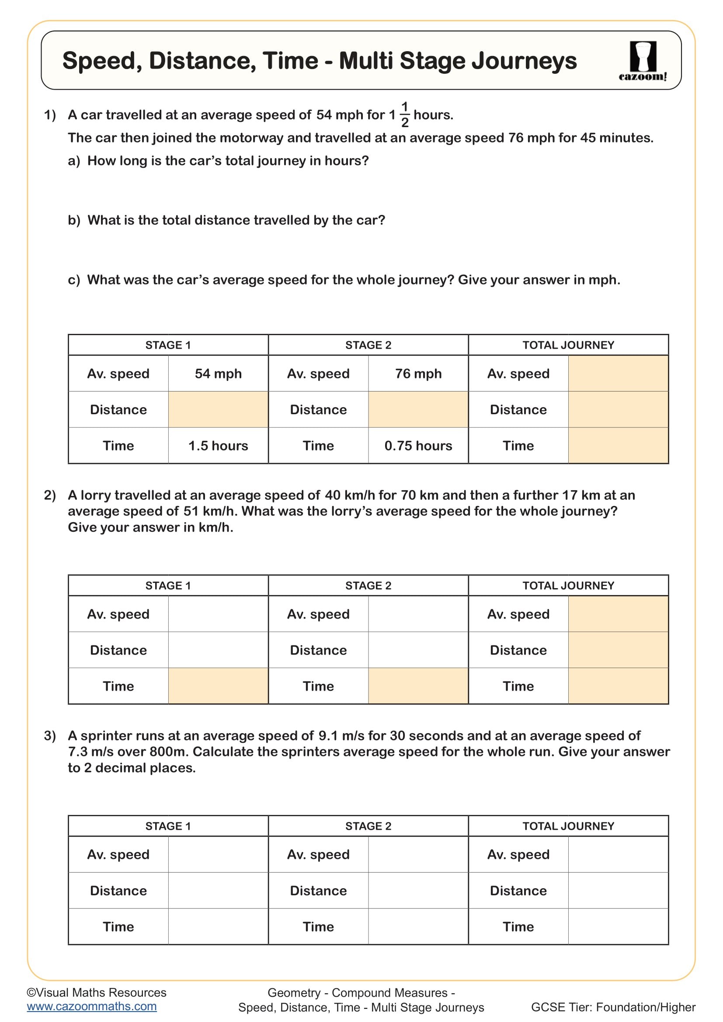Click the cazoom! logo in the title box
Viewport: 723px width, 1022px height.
pos(643,61)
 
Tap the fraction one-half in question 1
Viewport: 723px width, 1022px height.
pos(405,114)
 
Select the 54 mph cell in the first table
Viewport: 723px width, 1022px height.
pos(218,374)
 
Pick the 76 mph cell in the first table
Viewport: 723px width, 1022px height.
pos(418,374)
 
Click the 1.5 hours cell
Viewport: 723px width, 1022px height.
pos(218,446)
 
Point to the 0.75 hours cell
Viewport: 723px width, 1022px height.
pos(418,446)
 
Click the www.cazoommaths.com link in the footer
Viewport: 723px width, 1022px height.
pos(92,1006)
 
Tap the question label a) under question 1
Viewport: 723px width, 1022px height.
pos(74,161)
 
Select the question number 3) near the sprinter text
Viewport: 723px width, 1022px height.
pos(50,736)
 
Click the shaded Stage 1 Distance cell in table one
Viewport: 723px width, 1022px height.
pos(218,409)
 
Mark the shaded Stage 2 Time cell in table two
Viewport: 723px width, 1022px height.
pos(418,686)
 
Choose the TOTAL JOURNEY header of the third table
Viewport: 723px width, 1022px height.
pos(568,826)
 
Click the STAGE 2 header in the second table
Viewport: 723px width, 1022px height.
pos(368,586)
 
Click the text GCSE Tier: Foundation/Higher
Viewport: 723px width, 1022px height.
pos(613,1007)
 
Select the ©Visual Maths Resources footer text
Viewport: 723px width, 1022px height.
pos(97,993)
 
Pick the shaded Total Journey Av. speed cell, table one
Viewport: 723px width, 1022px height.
pos(618,374)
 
